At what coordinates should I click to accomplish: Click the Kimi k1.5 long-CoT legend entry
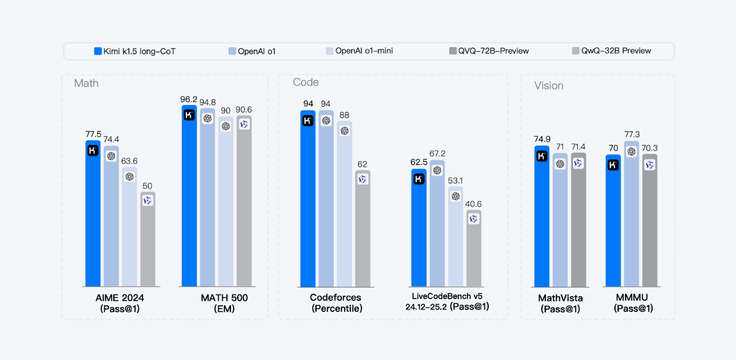[135, 51]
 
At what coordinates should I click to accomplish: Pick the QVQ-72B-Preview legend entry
[489, 51]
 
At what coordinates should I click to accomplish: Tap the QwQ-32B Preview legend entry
[611, 51]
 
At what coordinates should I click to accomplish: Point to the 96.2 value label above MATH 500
[189, 99]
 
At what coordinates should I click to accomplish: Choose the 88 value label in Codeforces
[344, 116]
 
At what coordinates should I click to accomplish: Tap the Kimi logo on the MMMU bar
[613, 165]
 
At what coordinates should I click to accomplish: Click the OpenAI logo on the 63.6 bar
[129, 176]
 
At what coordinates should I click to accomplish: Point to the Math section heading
[86, 83]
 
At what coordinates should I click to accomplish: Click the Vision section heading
[548, 86]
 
